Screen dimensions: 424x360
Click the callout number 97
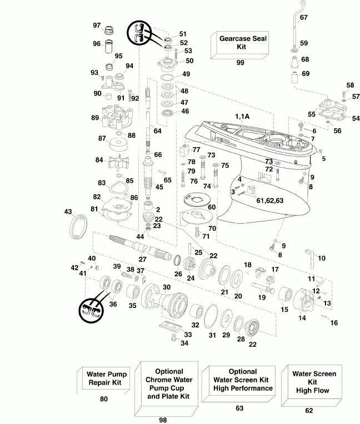point(97,26)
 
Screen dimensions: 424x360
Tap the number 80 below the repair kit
point(104,399)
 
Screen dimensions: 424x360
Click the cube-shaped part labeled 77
point(184,150)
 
